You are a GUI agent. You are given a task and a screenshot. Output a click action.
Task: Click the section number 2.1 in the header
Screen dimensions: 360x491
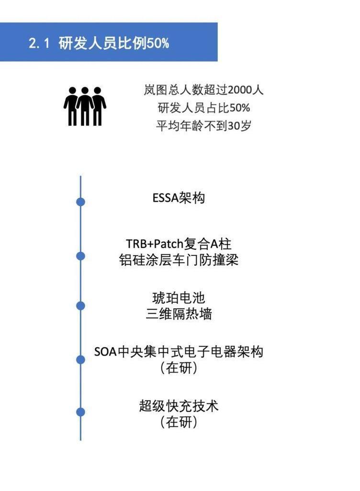(x=39, y=43)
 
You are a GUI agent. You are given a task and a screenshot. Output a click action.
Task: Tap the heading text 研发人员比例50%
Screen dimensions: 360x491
(x=114, y=43)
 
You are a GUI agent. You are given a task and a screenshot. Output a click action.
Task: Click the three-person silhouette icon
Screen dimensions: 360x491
(x=85, y=106)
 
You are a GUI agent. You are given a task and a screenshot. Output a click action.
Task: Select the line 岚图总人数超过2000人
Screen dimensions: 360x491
(x=203, y=90)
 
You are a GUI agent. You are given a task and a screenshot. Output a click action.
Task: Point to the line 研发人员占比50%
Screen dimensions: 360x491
(x=203, y=108)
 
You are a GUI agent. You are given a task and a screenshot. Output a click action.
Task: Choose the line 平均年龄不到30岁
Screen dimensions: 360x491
(x=203, y=125)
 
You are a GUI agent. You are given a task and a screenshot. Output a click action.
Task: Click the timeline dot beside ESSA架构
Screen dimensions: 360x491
(x=80, y=201)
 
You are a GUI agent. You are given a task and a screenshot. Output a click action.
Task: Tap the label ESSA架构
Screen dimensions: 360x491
(x=179, y=198)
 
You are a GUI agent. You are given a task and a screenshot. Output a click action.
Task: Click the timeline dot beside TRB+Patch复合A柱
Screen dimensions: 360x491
(x=80, y=256)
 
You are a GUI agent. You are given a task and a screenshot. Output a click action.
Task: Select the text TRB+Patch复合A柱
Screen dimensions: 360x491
(x=179, y=244)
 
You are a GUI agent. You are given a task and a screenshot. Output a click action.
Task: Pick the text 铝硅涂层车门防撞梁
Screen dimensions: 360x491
(x=179, y=260)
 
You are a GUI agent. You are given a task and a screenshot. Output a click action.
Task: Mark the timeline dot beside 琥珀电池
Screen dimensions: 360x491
(x=80, y=306)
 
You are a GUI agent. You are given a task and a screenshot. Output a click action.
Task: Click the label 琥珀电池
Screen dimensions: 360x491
(x=179, y=298)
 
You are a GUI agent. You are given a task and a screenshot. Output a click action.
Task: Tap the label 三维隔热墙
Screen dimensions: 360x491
(x=179, y=314)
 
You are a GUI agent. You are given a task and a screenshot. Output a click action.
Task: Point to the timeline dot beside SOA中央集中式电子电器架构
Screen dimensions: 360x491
(x=80, y=359)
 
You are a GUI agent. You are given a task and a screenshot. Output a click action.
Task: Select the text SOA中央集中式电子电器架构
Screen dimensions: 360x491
(x=179, y=352)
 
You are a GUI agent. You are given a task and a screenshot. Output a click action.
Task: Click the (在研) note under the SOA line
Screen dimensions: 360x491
(x=179, y=368)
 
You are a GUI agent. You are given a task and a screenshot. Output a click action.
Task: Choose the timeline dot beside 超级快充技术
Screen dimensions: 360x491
(x=80, y=412)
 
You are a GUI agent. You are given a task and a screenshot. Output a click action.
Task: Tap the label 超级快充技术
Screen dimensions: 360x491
(x=179, y=406)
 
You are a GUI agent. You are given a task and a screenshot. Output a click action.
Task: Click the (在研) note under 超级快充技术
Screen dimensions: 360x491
(x=179, y=422)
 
